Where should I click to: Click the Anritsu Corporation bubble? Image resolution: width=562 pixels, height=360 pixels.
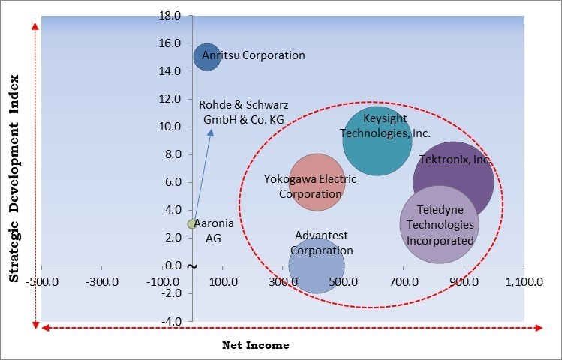tap(206, 57)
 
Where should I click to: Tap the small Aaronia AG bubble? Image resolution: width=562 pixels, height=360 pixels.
tap(192, 224)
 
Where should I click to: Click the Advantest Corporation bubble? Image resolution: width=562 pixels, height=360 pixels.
tap(317, 265)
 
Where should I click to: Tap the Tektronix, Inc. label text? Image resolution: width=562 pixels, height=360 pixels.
tap(455, 160)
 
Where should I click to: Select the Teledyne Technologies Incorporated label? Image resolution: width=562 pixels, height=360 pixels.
tap(440, 224)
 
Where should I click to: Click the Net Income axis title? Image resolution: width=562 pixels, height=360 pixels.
tap(255, 345)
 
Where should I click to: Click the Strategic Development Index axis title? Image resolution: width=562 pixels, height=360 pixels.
tap(14, 179)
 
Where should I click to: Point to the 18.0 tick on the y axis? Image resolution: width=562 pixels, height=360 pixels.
tap(170, 16)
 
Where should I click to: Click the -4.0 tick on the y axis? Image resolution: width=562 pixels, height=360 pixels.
tap(170, 321)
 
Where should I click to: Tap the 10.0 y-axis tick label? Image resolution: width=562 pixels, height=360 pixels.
tap(170, 127)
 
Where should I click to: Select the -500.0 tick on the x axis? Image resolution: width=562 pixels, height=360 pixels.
tap(42, 282)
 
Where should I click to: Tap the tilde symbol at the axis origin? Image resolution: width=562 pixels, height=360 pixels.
tap(192, 266)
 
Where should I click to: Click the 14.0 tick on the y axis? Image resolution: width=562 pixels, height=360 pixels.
tap(170, 71)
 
